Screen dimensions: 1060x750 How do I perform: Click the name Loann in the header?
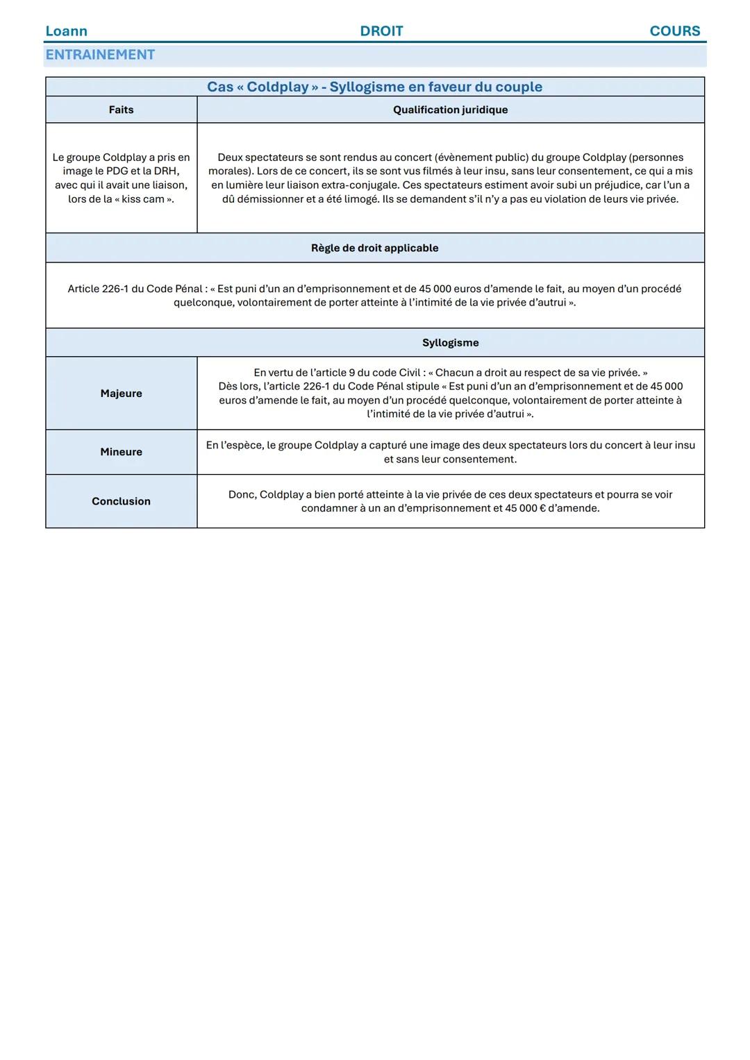click(x=66, y=31)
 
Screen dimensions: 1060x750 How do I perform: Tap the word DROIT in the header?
click(x=381, y=31)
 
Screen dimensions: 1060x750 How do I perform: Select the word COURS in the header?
click(x=674, y=31)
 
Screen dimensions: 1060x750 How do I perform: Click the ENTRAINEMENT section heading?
click(x=100, y=55)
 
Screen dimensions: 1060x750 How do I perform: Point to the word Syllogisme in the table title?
click(x=366, y=87)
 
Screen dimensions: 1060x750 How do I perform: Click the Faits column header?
click(x=121, y=110)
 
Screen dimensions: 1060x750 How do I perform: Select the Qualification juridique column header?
click(x=450, y=110)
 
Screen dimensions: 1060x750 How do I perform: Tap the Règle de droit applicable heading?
click(x=374, y=248)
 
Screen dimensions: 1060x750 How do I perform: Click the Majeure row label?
click(x=121, y=394)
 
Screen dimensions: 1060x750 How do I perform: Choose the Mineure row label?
click(x=121, y=452)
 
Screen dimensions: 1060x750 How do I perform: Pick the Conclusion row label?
click(x=121, y=501)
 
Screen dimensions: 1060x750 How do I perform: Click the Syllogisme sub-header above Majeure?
click(x=450, y=343)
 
